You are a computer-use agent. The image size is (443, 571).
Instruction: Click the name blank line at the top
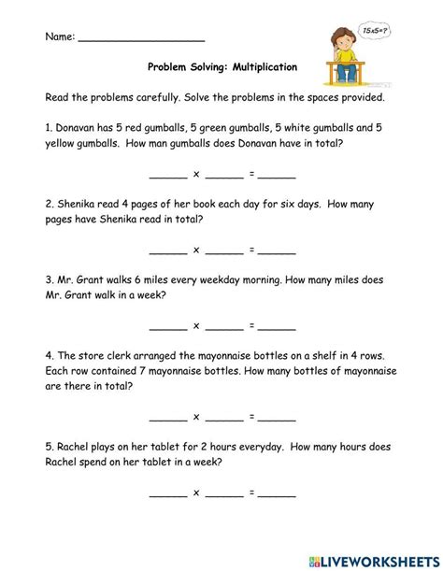[x=141, y=40]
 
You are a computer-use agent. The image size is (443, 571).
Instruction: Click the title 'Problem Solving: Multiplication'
[x=221, y=67]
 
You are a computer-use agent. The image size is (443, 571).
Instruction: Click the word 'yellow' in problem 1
[x=65, y=144]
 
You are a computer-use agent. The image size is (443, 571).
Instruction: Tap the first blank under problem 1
[x=167, y=176]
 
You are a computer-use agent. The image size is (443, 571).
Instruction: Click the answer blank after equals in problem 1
[x=278, y=176]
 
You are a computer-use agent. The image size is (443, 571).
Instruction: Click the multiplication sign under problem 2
[x=196, y=250]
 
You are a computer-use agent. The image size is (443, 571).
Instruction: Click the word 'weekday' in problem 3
[x=211, y=279]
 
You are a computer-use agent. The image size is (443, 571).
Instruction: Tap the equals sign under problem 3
[x=251, y=325]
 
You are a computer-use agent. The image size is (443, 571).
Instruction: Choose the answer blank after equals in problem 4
[x=278, y=418]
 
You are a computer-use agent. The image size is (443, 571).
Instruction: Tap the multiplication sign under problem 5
[x=196, y=492]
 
